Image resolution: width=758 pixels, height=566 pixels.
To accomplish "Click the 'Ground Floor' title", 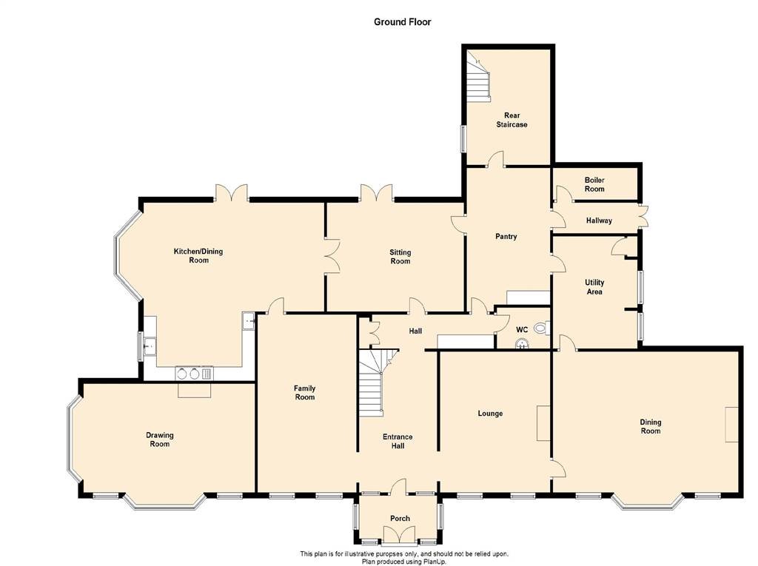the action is click(x=402, y=21).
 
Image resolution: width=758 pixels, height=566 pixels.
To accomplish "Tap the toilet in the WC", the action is click(x=542, y=329).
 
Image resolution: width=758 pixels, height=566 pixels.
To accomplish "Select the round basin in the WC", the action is click(x=522, y=343).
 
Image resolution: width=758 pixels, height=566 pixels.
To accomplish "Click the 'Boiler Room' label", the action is click(x=594, y=184).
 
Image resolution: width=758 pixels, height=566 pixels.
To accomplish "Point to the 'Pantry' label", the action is click(x=506, y=236).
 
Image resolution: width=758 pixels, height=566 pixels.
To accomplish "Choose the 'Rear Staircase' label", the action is click(x=512, y=120).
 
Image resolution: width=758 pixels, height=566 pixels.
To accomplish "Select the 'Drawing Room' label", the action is click(x=160, y=439).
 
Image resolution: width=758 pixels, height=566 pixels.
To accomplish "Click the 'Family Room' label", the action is click(x=304, y=392).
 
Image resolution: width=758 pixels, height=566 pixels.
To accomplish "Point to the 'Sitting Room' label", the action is click(x=400, y=257).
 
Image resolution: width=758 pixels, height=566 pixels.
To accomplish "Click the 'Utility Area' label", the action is click(x=594, y=286).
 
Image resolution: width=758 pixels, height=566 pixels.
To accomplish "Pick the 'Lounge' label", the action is click(x=490, y=414).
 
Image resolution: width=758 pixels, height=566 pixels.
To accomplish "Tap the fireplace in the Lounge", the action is click(x=543, y=423).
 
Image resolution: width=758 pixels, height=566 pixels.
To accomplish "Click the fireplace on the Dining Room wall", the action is click(x=731, y=425).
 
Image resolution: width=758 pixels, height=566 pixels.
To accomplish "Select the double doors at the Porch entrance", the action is click(x=400, y=535).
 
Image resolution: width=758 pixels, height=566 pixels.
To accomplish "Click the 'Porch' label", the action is click(x=400, y=518).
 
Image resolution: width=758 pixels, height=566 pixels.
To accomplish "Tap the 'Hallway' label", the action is click(x=599, y=220).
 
